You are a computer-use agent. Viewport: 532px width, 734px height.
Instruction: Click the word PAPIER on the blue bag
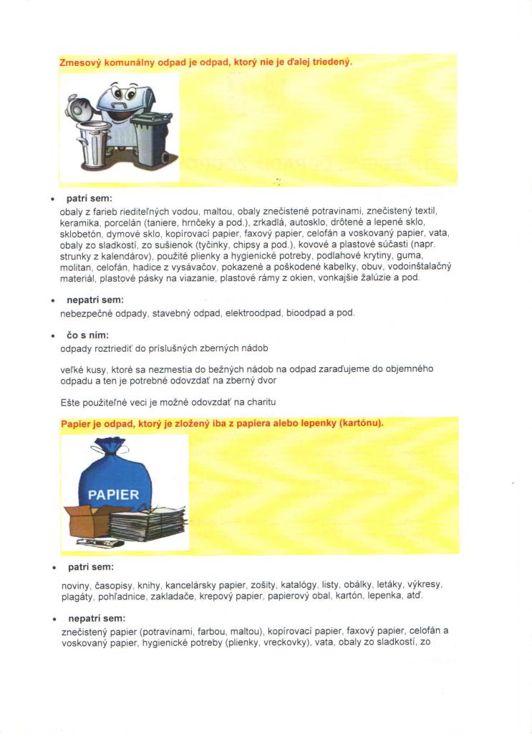tap(113, 495)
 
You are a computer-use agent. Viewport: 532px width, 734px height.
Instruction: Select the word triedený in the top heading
tap(332, 62)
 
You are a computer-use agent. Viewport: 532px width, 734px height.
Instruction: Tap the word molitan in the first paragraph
tap(74, 266)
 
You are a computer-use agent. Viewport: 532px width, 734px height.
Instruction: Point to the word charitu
tap(262, 402)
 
